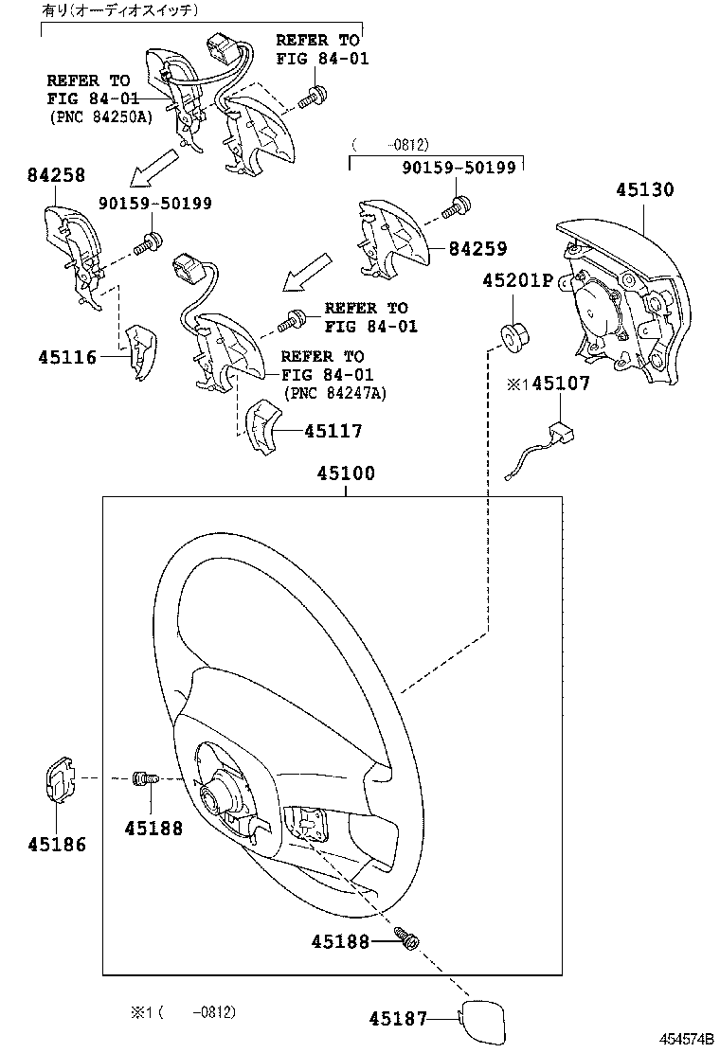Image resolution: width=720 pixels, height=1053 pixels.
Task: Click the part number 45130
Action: [x=644, y=189]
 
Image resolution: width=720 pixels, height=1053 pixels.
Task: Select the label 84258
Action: [x=56, y=175]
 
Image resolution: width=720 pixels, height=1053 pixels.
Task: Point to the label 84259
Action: [x=477, y=249]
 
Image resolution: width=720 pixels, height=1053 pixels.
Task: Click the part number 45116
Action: [x=67, y=357]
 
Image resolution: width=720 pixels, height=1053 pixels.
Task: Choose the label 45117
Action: [x=333, y=431]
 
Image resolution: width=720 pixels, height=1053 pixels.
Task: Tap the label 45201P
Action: [x=516, y=280]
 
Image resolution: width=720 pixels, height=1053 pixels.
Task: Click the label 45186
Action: [x=56, y=845]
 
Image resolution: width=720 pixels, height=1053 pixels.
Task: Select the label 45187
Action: [x=398, y=1019]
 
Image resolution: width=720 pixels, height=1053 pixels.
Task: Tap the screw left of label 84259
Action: [x=459, y=204]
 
